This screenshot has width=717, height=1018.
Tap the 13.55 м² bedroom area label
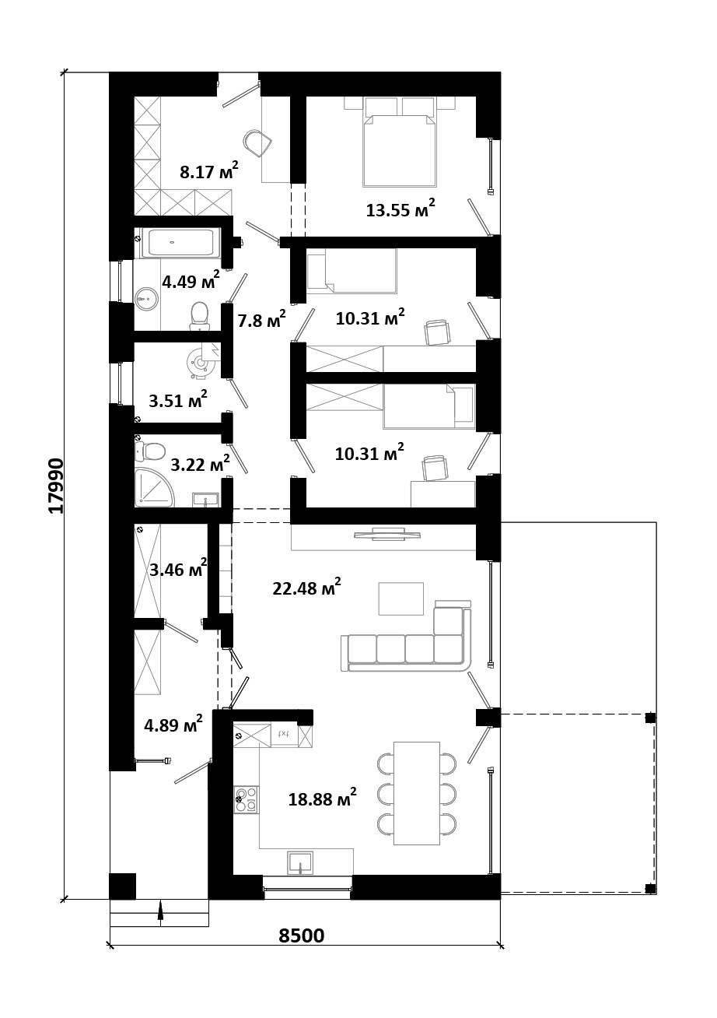coord(400,209)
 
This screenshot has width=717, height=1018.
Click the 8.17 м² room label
coord(209,171)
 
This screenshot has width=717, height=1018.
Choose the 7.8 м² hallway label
coord(262,320)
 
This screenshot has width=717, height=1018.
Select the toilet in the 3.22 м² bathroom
coord(149,451)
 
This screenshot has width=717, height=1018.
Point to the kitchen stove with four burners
coord(246,799)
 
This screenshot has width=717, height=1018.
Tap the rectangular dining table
coord(416,793)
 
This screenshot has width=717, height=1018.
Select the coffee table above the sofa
coord(401,599)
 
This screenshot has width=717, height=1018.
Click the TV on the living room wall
coord(386,534)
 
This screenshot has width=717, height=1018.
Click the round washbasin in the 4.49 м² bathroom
coord(146,299)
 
